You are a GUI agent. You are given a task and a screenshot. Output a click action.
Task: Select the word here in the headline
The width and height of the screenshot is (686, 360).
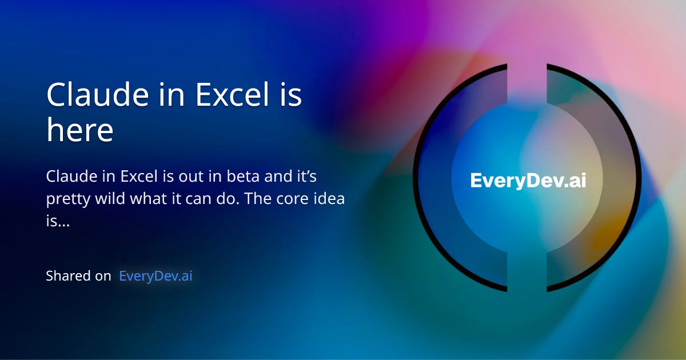click(x=79, y=131)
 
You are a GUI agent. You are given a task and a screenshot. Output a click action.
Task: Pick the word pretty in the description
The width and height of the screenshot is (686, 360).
click(x=65, y=201)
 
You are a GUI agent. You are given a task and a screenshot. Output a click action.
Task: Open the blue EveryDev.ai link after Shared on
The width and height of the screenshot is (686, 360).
click(x=155, y=276)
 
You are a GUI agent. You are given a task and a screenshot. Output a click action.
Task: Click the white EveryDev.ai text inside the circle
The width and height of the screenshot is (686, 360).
click(x=528, y=181)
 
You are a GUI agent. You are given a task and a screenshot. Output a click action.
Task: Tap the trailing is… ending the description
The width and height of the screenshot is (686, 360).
click(x=58, y=222)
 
